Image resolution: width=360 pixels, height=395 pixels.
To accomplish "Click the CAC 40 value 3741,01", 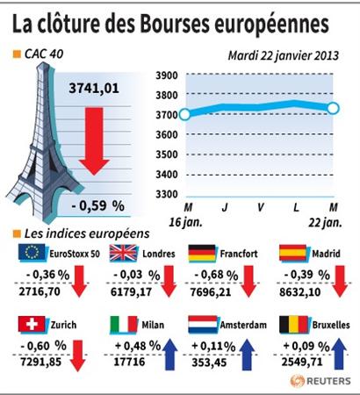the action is pyautogui.click(x=94, y=89).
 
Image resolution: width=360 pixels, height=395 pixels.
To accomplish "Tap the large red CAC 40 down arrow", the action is pyautogui.click(x=94, y=141).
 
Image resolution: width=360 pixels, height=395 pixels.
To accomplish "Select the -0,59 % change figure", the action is pyautogui.click(x=97, y=205).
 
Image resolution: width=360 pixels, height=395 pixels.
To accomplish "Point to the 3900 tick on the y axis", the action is pyautogui.click(x=167, y=75).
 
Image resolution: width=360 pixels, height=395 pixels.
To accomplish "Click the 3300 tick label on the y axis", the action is pyautogui.click(x=167, y=194).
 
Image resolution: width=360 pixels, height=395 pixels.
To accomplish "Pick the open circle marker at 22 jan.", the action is pyautogui.click(x=333, y=109).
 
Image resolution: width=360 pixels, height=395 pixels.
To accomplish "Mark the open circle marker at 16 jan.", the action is pyautogui.click(x=184, y=114).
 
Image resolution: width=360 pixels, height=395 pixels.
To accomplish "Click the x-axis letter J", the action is pyautogui.click(x=225, y=207).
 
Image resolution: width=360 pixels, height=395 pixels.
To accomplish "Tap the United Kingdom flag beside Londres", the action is pyautogui.click(x=123, y=253).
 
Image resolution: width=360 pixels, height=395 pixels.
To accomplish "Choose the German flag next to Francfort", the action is pyautogui.click(x=202, y=253).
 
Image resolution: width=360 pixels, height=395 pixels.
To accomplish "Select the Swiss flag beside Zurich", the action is pyautogui.click(x=32, y=324).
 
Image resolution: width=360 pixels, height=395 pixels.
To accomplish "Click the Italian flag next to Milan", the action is pyautogui.click(x=124, y=324).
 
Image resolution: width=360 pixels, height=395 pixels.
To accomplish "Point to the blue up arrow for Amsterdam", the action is pyautogui.click(x=247, y=354).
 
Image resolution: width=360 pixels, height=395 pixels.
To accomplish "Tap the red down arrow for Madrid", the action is pyautogui.click(x=340, y=282).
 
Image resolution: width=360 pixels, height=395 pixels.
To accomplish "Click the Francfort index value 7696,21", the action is pyautogui.click(x=211, y=292).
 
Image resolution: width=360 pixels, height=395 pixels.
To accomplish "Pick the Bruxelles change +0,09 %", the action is pyautogui.click(x=306, y=347).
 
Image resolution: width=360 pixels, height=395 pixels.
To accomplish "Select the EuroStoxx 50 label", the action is pyautogui.click(x=75, y=254).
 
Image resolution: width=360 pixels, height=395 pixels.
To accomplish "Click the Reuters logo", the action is pyautogui.click(x=320, y=381).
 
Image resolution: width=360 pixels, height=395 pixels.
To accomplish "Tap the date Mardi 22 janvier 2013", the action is pyautogui.click(x=284, y=55).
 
